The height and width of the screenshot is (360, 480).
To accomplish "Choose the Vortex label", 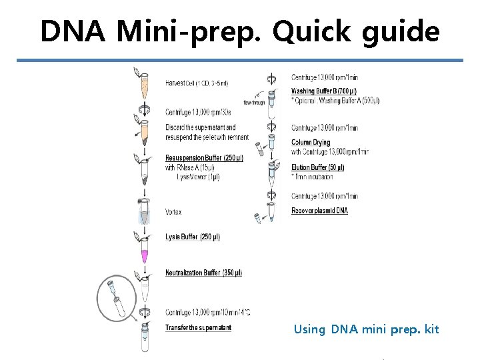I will click(173, 212).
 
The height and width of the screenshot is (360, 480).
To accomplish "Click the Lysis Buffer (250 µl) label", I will click(193, 237).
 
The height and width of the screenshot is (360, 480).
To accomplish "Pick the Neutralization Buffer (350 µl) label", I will click(203, 273).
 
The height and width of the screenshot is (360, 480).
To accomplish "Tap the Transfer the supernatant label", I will click(198, 327).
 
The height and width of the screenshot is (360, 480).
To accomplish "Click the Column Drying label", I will click(311, 143).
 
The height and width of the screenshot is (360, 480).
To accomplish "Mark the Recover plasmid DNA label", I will click(319, 211).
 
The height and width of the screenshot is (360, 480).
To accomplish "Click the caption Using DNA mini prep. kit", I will click(366, 329).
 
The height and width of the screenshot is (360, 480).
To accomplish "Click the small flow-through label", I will click(254, 103).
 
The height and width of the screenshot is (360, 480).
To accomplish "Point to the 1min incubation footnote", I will click(313, 177).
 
